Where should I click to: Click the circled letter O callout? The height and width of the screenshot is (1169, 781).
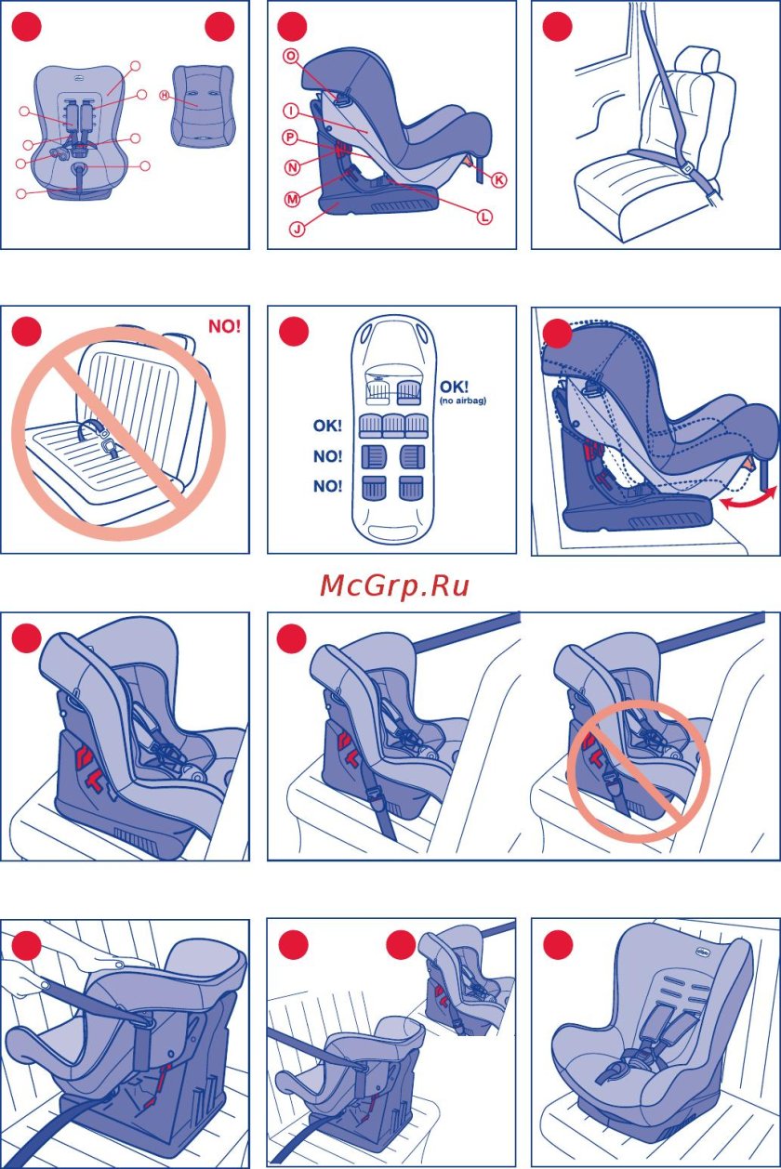pos(291,56)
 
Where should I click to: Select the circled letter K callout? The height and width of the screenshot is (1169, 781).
pos(499,180)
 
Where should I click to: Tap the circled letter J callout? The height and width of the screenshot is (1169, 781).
pos(297,229)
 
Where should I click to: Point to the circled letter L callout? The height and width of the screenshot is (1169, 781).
pos(484,216)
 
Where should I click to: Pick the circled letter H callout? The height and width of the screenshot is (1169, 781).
pos(165,96)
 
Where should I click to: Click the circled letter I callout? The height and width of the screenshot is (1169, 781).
pos(291,111)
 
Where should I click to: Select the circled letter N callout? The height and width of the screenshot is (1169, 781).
pos(292,168)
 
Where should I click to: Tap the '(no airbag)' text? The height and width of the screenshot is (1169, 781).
pos(461,401)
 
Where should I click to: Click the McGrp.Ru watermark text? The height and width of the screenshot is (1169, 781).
pos(394,585)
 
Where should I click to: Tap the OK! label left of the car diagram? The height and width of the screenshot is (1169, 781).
pos(327,427)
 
